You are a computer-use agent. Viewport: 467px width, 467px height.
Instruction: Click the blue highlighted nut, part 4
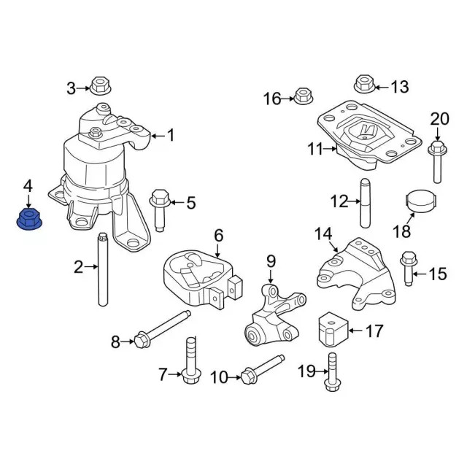pyautogui.click(x=28, y=218)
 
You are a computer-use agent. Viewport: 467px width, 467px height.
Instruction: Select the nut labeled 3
pyautogui.click(x=100, y=86)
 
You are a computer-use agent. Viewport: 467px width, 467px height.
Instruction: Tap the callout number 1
pyautogui.click(x=171, y=135)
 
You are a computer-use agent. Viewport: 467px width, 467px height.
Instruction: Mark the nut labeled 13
pyautogui.click(x=364, y=84)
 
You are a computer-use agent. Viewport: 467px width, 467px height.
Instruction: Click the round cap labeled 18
pyautogui.click(x=420, y=201)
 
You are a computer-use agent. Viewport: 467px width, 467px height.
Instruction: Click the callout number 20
pyautogui.click(x=440, y=119)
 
